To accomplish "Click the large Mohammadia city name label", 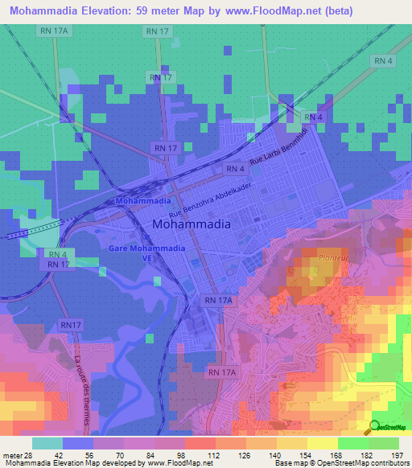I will (191, 224).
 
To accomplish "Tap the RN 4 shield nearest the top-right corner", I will (383, 61).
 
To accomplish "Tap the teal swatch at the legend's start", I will (47, 443).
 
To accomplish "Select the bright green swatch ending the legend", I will (384, 443).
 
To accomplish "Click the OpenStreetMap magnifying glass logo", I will (375, 426).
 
